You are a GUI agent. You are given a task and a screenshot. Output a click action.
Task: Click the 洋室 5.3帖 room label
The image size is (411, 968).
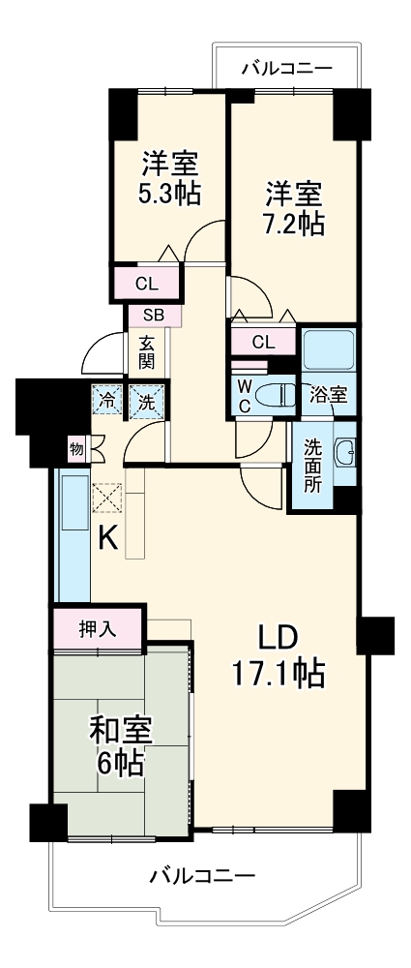(168, 178)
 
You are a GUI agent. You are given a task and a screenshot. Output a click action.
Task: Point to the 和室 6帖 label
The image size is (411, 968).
(120, 746)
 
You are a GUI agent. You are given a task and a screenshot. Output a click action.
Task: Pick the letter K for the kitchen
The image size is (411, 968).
(108, 539)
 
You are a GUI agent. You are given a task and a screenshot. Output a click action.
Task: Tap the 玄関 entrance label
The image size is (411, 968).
(146, 352)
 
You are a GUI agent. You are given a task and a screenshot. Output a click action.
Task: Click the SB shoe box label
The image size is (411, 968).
(155, 315)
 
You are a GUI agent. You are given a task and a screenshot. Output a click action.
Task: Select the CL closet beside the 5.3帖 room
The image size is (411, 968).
(146, 284)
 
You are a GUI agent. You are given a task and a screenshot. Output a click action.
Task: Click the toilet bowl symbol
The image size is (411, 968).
(279, 395)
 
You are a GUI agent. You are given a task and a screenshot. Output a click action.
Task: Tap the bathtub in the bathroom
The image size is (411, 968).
(330, 349)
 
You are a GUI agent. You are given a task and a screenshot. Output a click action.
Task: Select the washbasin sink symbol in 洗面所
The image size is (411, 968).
(345, 452)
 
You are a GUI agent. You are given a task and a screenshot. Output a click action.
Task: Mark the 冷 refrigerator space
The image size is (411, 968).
(107, 400)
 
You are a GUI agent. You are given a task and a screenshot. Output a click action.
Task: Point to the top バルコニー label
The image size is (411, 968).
(286, 69)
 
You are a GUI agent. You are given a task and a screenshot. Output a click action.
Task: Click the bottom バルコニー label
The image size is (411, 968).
(203, 877)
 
